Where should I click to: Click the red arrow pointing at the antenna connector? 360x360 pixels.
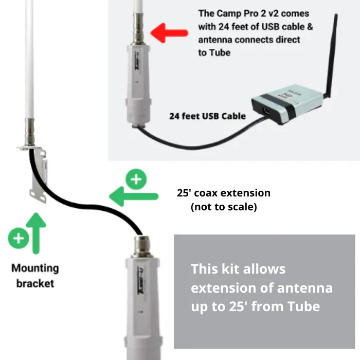[169, 33]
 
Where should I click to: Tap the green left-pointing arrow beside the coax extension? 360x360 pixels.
[134, 196]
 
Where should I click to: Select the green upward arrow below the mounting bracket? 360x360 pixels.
[36, 233]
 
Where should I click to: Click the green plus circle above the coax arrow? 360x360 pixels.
[136, 179]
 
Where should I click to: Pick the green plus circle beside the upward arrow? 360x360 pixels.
[19, 238]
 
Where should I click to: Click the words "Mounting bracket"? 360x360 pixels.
[35, 276]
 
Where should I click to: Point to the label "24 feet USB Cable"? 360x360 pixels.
[208, 116]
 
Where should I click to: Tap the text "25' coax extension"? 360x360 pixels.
[224, 193]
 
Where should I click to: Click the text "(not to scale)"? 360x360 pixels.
[224, 207]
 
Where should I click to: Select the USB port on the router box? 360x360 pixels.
[267, 112]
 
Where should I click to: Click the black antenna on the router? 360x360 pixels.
[331, 55]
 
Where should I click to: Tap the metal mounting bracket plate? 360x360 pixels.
[39, 174]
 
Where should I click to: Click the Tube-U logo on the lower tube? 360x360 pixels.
[140, 281]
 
